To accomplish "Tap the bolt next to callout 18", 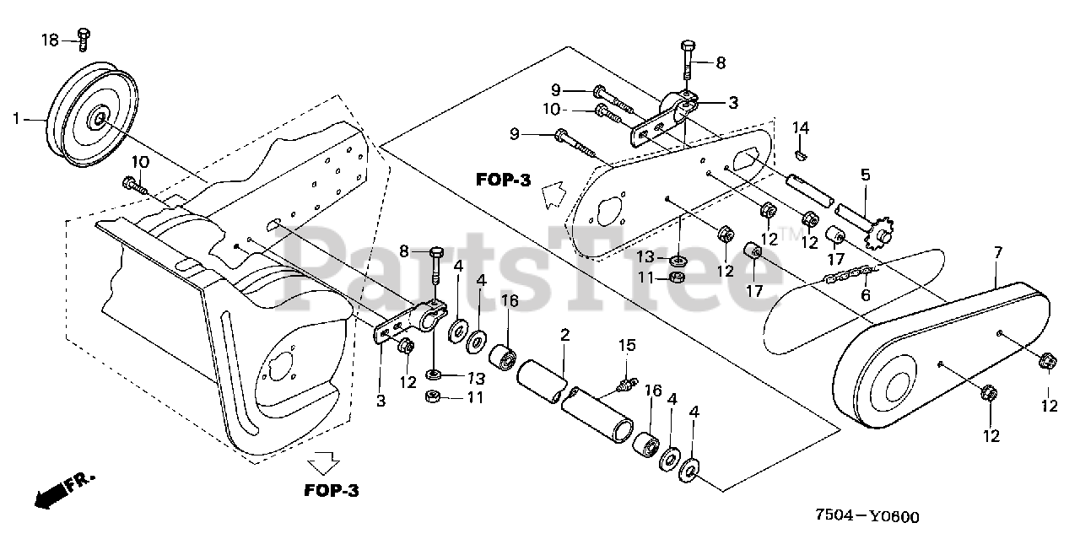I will click(84, 35).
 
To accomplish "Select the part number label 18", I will click(50, 39).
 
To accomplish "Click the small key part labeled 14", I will click(803, 154).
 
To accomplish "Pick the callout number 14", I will click(801, 127).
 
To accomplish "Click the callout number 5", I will click(865, 175).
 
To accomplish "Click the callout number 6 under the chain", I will click(866, 295).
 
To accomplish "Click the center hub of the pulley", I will click(100, 117).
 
